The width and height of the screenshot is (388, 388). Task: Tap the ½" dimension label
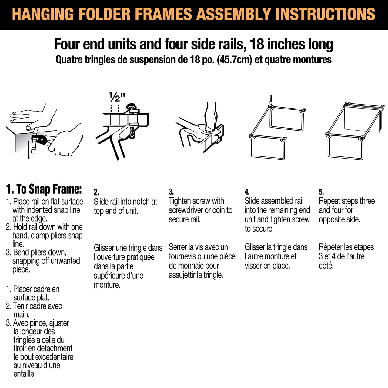point(117,97)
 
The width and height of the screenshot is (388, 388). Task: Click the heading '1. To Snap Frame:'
point(44,189)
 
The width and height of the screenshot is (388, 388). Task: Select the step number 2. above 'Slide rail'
point(96,192)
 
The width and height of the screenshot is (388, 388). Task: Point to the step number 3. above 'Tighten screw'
point(171,192)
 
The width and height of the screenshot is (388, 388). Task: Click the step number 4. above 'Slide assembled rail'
point(247,192)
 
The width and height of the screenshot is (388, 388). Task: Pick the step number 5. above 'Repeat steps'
point(321,192)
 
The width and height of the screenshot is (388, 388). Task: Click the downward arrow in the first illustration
point(28,152)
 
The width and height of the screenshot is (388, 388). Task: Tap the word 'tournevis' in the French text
point(182,256)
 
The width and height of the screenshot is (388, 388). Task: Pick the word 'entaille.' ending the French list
point(25,374)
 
